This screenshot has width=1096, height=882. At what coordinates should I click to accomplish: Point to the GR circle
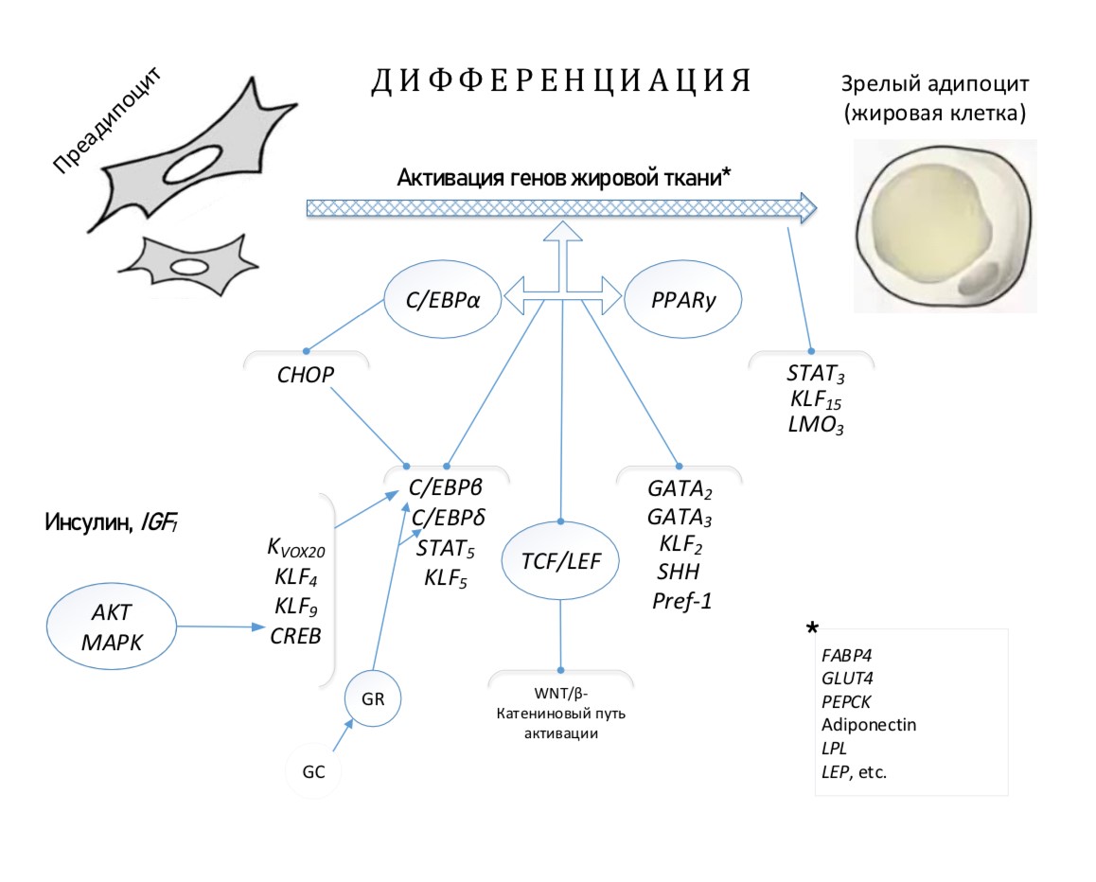pos(372,698)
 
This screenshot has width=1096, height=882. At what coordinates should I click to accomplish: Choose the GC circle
pos(314,770)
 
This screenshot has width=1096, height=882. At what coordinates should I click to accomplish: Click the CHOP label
pos(306,375)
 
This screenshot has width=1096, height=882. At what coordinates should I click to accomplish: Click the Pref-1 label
pos(681,599)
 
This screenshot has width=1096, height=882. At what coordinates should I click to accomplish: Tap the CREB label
pos(296,635)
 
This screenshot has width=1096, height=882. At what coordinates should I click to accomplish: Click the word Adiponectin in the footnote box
pos(869,725)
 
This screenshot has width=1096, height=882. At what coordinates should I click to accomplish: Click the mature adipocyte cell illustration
pos(944,227)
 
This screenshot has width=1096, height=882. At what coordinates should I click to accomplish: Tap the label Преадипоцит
pos(103,122)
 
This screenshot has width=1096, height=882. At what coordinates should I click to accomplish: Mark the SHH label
pos(675,572)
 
